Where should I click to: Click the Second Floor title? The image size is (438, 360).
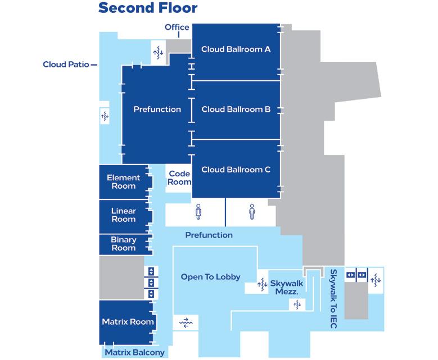pyautogui.click(x=147, y=8)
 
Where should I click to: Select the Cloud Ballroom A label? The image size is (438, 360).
pyautogui.click(x=236, y=49)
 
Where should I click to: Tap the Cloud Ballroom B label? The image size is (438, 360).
pyautogui.click(x=236, y=110)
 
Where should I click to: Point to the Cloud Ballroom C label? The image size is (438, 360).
pyautogui.click(x=236, y=170)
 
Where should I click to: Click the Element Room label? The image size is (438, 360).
pyautogui.click(x=124, y=182)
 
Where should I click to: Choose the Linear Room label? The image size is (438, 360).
pyautogui.click(x=124, y=215)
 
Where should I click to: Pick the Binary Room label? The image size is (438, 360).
pyautogui.click(x=124, y=244)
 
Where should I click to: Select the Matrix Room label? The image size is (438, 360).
pyautogui.click(x=128, y=322)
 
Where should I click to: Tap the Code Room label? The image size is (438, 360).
pyautogui.click(x=180, y=178)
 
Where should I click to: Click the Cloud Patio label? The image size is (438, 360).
pyautogui.click(x=66, y=65)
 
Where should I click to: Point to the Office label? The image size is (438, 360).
pyautogui.click(x=177, y=28)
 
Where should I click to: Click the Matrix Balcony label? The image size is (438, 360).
pyautogui.click(x=134, y=353)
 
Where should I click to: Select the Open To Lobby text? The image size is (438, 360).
pyautogui.click(x=210, y=277)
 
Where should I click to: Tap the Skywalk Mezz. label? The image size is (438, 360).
pyautogui.click(x=287, y=288)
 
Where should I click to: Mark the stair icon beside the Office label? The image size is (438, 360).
pyautogui.click(x=158, y=52)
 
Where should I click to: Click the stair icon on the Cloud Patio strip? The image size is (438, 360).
pyautogui.click(x=104, y=117)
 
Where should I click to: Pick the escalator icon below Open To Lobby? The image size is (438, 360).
pyautogui.click(x=186, y=322)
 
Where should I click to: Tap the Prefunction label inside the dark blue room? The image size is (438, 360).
pyautogui.click(x=157, y=110)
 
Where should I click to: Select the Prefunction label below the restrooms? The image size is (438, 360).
pyautogui.click(x=209, y=235)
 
